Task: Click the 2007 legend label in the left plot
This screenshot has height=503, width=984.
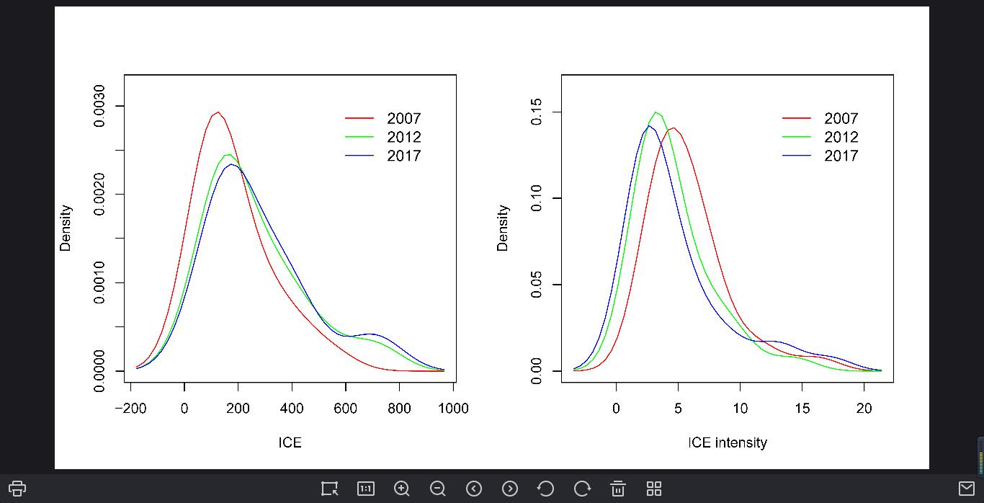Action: tap(403, 119)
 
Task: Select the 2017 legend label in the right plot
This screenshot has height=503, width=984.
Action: tap(841, 156)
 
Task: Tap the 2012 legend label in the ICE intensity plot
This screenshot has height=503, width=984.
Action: tap(841, 138)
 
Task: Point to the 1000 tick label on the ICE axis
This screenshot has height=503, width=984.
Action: tap(453, 409)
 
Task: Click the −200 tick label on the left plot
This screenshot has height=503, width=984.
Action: tap(130, 409)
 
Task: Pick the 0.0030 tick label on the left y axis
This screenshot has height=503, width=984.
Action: tap(99, 106)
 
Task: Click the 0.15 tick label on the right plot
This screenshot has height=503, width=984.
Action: tap(537, 112)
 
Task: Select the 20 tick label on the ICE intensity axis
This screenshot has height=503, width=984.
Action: tap(864, 409)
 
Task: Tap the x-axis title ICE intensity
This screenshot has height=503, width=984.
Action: tap(727, 442)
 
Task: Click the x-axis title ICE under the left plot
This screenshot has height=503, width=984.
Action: tap(290, 442)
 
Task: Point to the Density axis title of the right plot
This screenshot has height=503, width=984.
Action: tap(502, 228)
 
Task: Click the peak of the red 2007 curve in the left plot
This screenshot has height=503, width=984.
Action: tap(217, 112)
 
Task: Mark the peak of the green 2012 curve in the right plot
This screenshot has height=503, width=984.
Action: tap(656, 112)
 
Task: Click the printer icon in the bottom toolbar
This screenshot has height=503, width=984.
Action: tap(17, 489)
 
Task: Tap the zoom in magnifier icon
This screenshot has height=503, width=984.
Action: tap(402, 489)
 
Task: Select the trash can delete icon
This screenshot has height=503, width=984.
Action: tap(618, 489)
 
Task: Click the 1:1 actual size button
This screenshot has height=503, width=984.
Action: tap(366, 489)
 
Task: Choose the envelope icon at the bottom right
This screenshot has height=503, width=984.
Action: tap(967, 489)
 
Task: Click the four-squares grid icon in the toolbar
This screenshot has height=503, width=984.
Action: tap(654, 489)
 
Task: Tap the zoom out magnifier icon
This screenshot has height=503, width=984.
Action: tap(438, 489)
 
